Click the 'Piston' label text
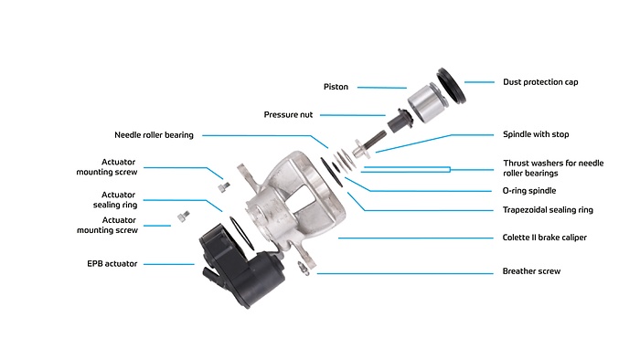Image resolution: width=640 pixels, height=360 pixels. pos(336,87)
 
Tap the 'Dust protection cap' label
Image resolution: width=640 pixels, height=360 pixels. pos(539,82)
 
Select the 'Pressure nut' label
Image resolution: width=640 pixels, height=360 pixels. pos(290,115)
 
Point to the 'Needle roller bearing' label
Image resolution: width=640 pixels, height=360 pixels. pos(154,134)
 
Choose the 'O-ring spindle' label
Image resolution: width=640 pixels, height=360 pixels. pos(530,191)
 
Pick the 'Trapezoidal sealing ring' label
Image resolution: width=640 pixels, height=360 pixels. pos(548,209)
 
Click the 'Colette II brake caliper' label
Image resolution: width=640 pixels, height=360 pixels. pos(544,238)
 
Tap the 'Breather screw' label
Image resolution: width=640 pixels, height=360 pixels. pos(531,271)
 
